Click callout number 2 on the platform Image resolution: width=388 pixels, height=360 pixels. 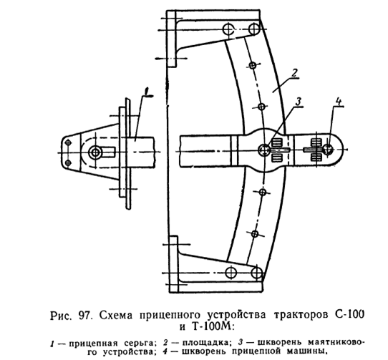point(294,73)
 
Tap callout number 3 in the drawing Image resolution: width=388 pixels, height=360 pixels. point(299,102)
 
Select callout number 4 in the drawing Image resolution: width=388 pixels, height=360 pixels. point(339,102)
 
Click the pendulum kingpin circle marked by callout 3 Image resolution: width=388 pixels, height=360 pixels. point(263,150)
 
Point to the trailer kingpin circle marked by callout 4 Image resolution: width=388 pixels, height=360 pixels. point(329,149)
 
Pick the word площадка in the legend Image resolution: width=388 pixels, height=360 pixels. point(206,343)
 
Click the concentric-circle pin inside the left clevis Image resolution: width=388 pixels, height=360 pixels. point(95,152)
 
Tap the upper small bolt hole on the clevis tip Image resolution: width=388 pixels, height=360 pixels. point(68,142)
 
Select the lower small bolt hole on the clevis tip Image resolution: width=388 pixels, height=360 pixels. point(67,162)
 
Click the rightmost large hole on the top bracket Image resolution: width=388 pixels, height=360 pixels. point(253,29)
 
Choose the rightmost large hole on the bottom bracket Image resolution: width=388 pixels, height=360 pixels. point(256,273)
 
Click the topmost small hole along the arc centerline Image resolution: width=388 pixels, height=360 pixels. point(253,65)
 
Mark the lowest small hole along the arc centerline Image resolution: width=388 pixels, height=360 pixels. point(255,233)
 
